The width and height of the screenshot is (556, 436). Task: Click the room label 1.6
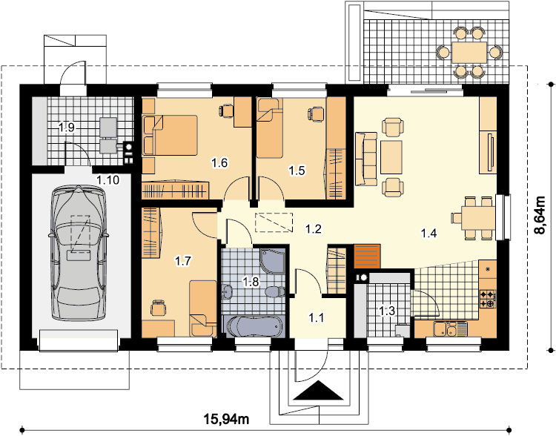(219, 163)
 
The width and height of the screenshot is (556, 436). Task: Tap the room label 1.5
(297, 171)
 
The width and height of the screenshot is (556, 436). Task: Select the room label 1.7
(183, 262)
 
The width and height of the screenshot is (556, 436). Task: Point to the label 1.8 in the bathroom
(251, 282)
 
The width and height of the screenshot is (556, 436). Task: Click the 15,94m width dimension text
(226, 420)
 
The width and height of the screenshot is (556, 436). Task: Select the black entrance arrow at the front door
(320, 390)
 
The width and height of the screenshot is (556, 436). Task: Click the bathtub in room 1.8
(254, 326)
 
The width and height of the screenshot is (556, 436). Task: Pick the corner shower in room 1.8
(272, 261)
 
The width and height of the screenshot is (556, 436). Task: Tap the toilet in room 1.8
(275, 291)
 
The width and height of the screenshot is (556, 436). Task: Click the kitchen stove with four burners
(487, 298)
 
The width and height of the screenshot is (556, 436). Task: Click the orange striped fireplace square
(368, 256)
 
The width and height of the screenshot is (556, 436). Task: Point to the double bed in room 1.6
(170, 135)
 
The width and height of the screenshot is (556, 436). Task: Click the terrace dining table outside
(469, 53)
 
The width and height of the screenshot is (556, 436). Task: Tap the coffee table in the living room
(391, 157)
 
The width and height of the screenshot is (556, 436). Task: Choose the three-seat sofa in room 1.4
(366, 159)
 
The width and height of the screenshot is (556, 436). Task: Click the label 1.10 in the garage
(107, 180)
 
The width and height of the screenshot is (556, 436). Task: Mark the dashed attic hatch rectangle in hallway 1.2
(274, 222)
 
